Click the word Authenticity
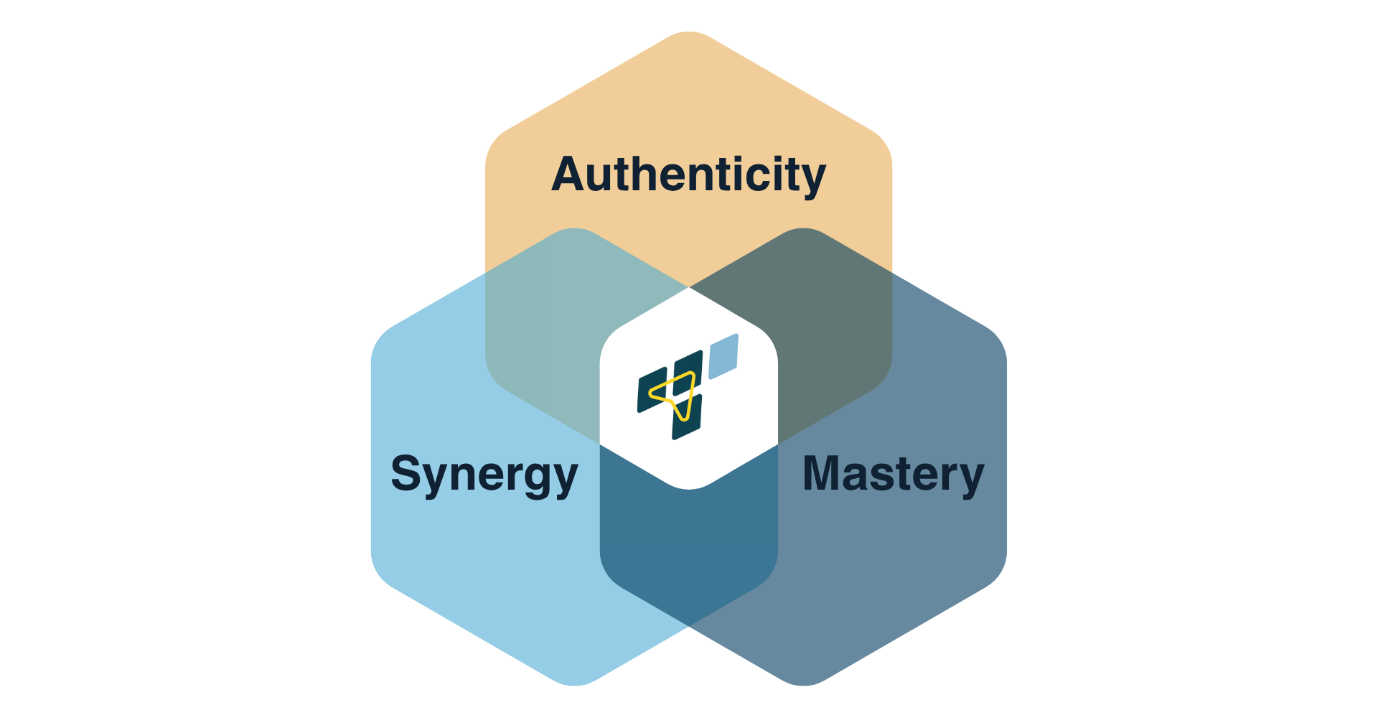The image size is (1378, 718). (x=688, y=175)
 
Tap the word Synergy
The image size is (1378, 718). (x=484, y=475)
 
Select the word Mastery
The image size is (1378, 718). (x=894, y=475)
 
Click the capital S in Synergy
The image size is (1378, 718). (x=407, y=473)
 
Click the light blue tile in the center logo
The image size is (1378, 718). (x=723, y=356)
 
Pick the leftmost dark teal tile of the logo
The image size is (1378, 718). (x=652, y=391)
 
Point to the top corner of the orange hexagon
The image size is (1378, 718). (x=689, y=34)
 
